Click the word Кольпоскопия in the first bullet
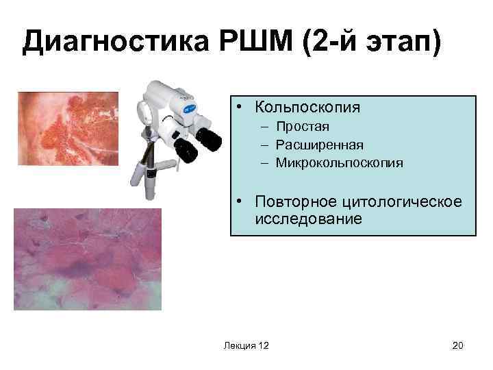coord(307,108)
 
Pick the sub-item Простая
coord(303,127)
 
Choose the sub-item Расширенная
coord(320,145)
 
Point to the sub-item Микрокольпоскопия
coord(340,163)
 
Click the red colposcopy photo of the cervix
coord(68,128)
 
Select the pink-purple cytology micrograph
coord(87,259)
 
